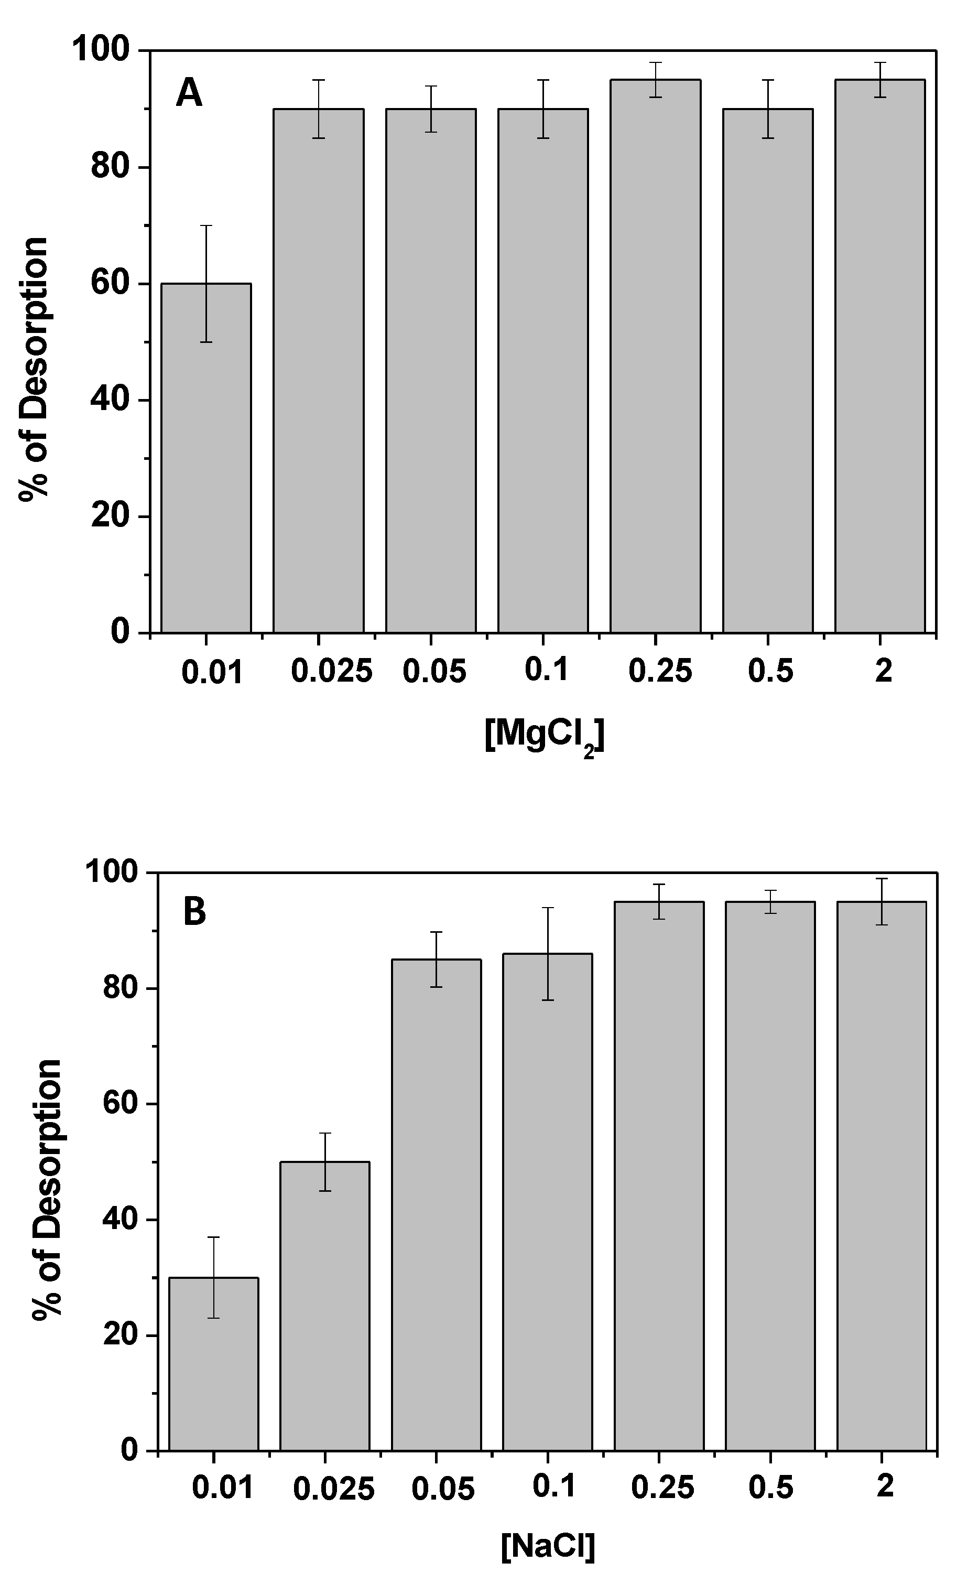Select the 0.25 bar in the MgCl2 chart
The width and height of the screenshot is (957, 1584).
pyautogui.click(x=655, y=355)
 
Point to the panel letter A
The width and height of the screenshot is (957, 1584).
pyautogui.click(x=189, y=94)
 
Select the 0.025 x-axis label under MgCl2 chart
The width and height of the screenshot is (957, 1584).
pyautogui.click(x=332, y=671)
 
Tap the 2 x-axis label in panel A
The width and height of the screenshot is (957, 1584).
pyautogui.click(x=884, y=671)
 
